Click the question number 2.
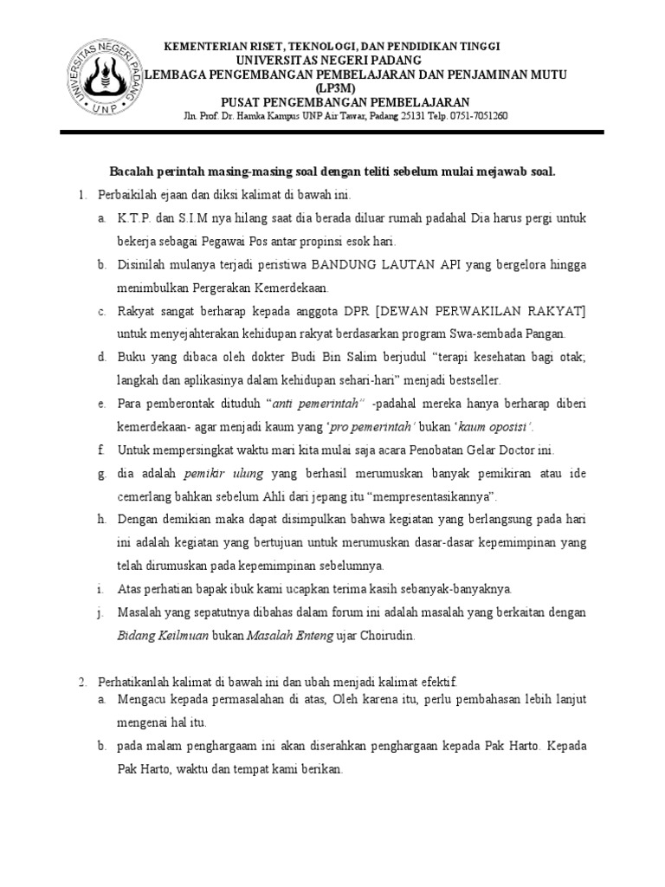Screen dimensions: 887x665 point(81,683)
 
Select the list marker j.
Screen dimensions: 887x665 point(100,612)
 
